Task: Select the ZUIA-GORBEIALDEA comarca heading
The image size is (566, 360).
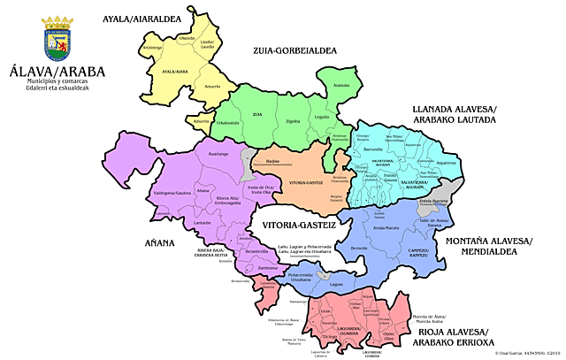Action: pyautogui.click(x=295, y=51)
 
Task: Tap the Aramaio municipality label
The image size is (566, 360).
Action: pyautogui.click(x=341, y=85)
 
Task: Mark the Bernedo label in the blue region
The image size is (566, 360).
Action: pyautogui.click(x=359, y=249)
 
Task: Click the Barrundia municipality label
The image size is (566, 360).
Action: pyautogui.click(x=386, y=149)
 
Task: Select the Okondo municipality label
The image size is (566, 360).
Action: pyautogui.click(x=187, y=38)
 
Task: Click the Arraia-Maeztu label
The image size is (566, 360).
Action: pyautogui.click(x=386, y=227)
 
